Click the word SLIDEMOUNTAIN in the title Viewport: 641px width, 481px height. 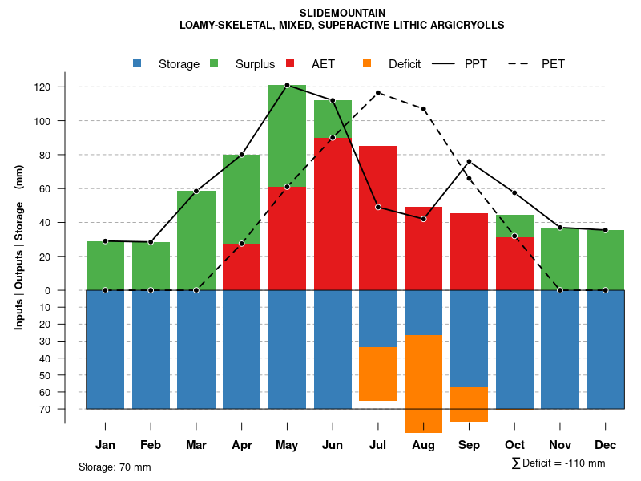tap(342, 13)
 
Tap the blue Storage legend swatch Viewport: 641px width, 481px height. tap(139, 63)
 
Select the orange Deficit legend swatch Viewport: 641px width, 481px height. tap(368, 63)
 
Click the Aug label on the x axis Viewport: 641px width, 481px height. tap(424, 445)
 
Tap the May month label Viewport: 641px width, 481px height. tap(287, 445)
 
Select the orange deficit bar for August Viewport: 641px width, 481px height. tap(424, 384)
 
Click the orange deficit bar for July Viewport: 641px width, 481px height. tap(378, 374)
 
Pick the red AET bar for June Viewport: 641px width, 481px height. tap(333, 213)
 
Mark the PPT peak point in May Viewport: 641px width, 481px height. tap(287, 85)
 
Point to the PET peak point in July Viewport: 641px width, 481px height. tap(378, 93)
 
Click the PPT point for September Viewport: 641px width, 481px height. tap(470, 162)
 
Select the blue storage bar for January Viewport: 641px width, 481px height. tap(105, 350)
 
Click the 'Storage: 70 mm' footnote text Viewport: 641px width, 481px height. tap(115, 467)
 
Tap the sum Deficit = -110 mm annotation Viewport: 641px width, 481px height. tap(558, 463)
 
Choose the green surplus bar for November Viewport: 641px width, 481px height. tap(561, 258)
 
